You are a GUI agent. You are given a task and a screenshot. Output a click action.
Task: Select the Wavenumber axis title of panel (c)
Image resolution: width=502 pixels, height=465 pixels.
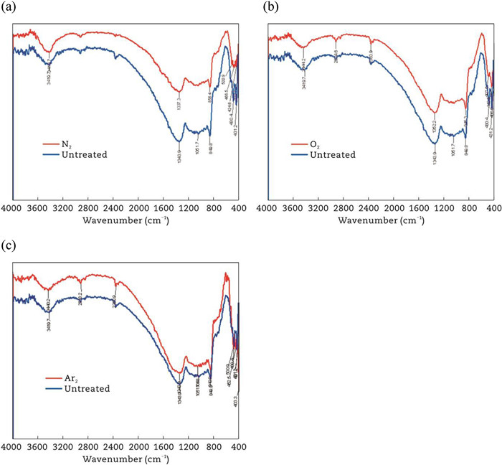coord(126,459)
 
